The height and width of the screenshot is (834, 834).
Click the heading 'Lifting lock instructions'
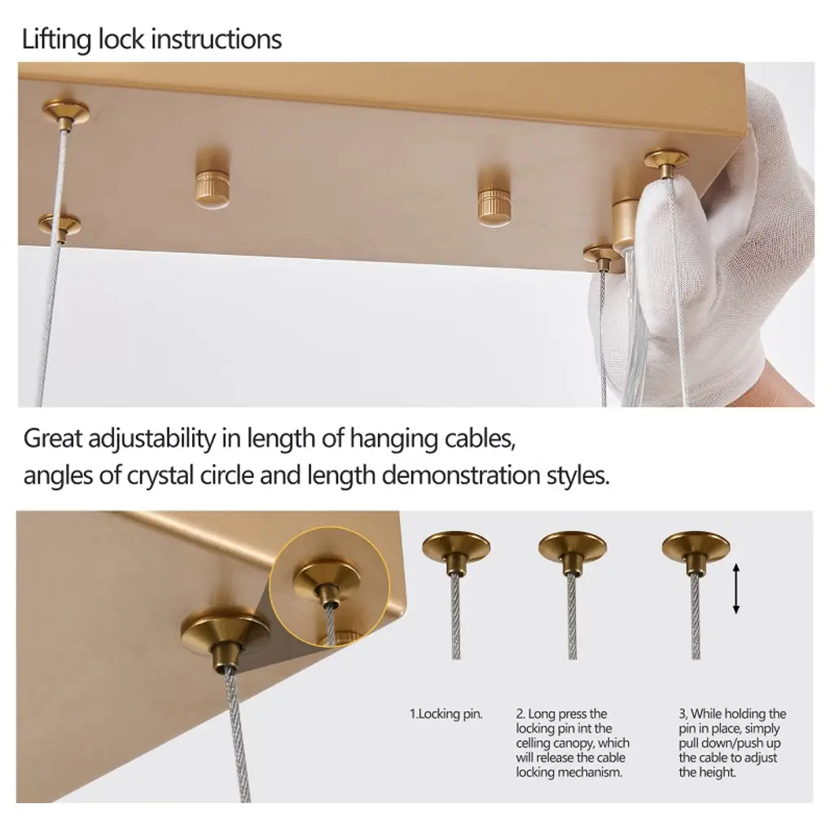pyautogui.click(x=151, y=40)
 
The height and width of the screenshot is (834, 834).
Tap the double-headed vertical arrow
pyautogui.click(x=736, y=589)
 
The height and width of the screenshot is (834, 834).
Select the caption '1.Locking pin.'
pyautogui.click(x=446, y=713)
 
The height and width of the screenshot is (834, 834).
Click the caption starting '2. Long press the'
pyautogui.click(x=573, y=743)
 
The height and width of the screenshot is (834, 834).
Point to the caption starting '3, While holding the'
pyautogui.click(x=732, y=743)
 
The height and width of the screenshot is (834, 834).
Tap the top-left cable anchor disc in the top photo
pyautogui.click(x=66, y=114)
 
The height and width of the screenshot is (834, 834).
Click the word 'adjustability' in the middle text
pyautogui.click(x=151, y=440)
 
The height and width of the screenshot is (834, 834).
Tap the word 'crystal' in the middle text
pyautogui.click(x=160, y=476)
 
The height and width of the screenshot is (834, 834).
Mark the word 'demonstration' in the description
pyautogui.click(x=461, y=475)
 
